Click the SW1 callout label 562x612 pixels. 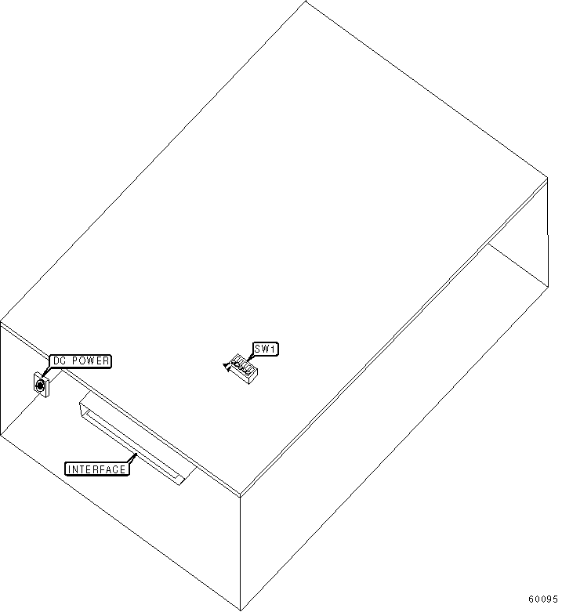click(265, 349)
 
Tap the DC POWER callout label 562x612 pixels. click(81, 361)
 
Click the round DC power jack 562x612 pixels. click(40, 384)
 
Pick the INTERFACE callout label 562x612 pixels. click(96, 469)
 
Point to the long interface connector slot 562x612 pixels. click(133, 443)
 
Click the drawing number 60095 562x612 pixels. click(542, 599)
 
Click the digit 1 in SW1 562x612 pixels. click(274, 349)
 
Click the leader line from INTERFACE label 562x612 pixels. click(132, 458)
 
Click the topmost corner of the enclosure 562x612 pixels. click(305, 2)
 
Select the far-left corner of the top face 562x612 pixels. click(2, 321)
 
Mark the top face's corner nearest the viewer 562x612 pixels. click(240, 496)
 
